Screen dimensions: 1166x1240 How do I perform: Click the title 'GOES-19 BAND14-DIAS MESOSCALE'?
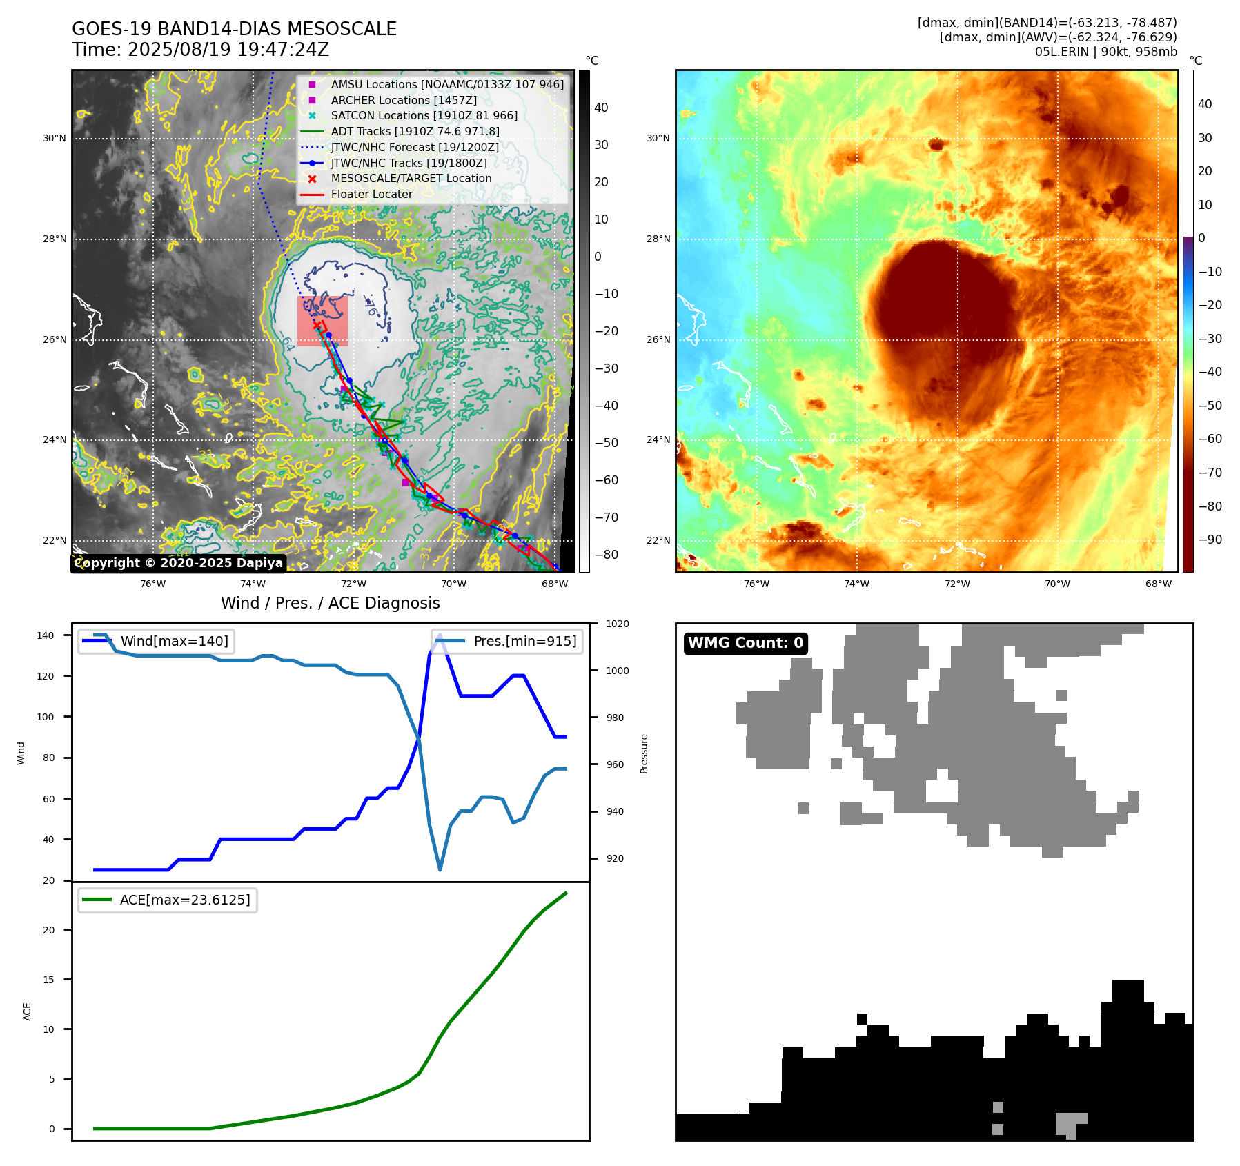pyautogui.click(x=234, y=29)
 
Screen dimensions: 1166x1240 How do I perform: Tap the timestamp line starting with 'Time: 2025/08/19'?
pyautogui.click(x=200, y=50)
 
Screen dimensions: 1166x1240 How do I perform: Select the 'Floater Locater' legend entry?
pyautogui.click(x=371, y=194)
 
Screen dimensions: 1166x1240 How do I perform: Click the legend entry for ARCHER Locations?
pyautogui.click(x=403, y=100)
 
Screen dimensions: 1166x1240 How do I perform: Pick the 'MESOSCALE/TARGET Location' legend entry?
pyautogui.click(x=411, y=178)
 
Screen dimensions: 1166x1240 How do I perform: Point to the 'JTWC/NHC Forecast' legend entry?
pyautogui.click(x=414, y=147)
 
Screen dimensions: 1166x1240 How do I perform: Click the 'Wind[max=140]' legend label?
pyautogui.click(x=174, y=641)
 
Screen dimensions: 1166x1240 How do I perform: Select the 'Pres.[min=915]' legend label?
pyautogui.click(x=524, y=641)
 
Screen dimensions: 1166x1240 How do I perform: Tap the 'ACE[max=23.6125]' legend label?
pyautogui.click(x=184, y=900)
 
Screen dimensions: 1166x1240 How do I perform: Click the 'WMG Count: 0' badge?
pyautogui.click(x=745, y=643)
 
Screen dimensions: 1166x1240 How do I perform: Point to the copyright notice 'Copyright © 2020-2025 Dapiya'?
pyautogui.click(x=179, y=563)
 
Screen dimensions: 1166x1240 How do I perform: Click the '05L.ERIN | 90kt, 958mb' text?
pyautogui.click(x=1105, y=52)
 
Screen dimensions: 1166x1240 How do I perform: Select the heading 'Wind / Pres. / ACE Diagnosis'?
pyautogui.click(x=330, y=603)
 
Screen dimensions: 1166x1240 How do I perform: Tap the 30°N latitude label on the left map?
pyautogui.click(x=55, y=138)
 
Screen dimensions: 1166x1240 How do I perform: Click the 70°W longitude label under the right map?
pyautogui.click(x=1057, y=584)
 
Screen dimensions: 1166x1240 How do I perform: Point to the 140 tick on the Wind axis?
pyautogui.click(x=45, y=635)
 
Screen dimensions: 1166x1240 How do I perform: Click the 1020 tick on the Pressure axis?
pyautogui.click(x=618, y=624)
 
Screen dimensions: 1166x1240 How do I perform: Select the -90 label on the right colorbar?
pyautogui.click(x=1210, y=540)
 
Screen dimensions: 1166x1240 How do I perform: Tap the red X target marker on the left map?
pyautogui.click(x=317, y=325)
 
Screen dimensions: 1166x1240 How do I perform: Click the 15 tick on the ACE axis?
pyautogui.click(x=48, y=980)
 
